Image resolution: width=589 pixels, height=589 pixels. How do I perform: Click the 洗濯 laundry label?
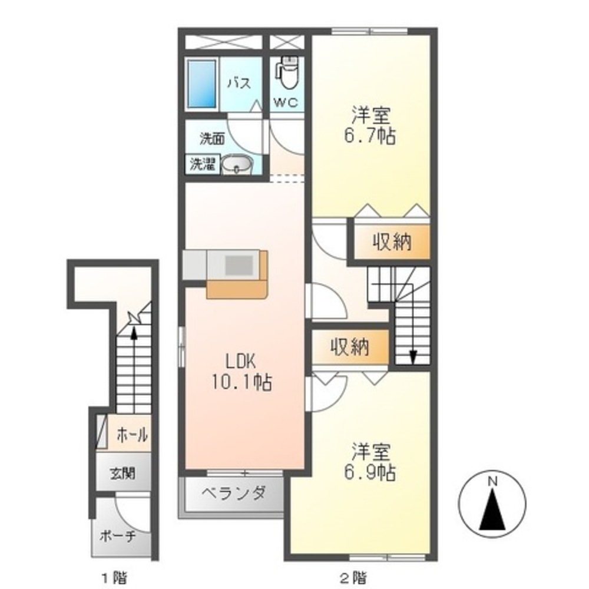pyautogui.click(x=200, y=165)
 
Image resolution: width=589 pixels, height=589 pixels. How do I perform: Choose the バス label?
pyautogui.click(x=240, y=82)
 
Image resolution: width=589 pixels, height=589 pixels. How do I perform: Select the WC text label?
pyautogui.click(x=286, y=102)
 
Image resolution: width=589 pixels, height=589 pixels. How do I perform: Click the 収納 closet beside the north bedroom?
pyautogui.click(x=391, y=242)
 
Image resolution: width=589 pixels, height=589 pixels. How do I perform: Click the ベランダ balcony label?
pyautogui.click(x=234, y=492)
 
